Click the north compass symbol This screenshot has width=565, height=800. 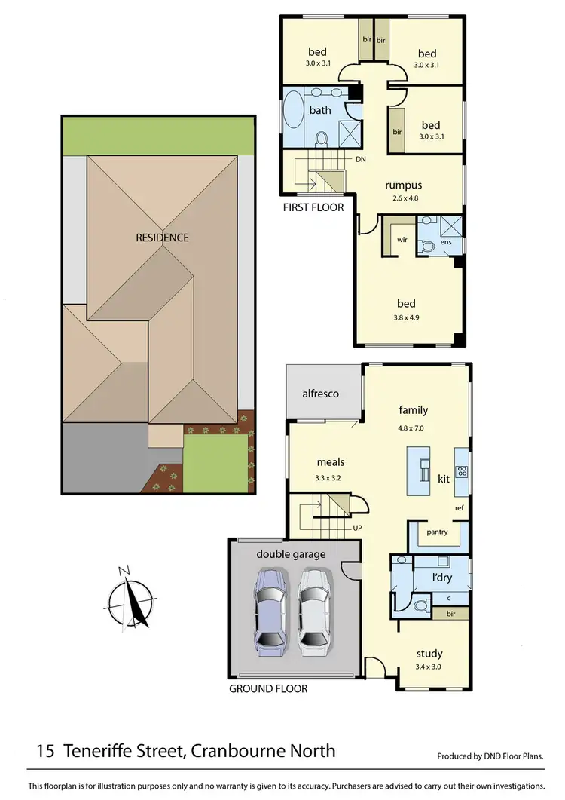coord(130,599)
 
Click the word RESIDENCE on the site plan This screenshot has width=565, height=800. coord(162,237)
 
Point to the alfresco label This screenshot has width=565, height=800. coord(320,394)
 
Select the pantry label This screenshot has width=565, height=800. coord(437,532)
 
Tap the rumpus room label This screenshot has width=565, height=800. coord(403,185)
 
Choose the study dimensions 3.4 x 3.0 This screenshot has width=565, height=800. coord(429,667)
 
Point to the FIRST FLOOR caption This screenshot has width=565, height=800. coord(313,207)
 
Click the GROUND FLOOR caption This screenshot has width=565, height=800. coord(268,688)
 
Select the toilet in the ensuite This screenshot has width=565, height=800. coord(426,245)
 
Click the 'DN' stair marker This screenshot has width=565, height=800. coord(361,160)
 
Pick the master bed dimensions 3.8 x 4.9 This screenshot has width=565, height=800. coord(406,317)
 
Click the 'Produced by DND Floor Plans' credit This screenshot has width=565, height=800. coord(490,756)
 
